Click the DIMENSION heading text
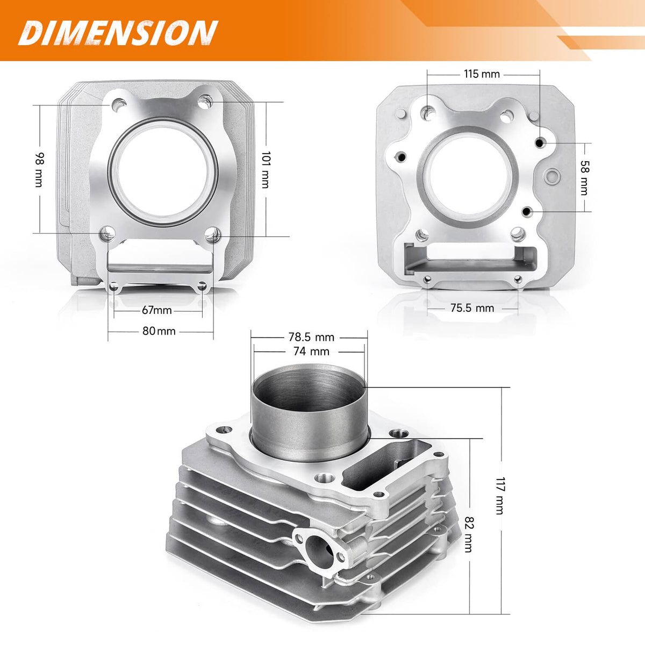point(118,33)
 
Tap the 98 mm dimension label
point(39,170)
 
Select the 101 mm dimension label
point(266,170)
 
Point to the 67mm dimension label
point(156,310)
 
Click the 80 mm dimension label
point(159,331)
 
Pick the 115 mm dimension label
point(482,74)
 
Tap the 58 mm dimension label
point(584,178)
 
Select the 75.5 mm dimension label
point(472,308)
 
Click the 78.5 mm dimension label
point(311,336)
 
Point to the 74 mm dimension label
point(311,351)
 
